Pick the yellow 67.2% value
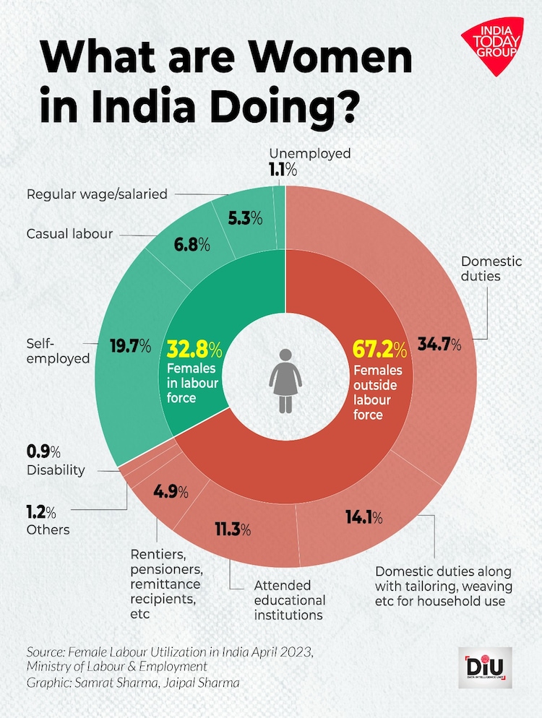point(379,350)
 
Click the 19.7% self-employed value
point(131,347)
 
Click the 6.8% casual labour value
point(191,244)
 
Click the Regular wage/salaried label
point(97,194)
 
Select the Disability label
point(56,470)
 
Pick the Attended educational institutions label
point(289,600)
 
